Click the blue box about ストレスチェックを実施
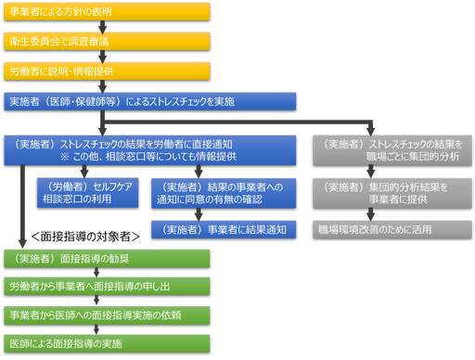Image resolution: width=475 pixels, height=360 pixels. pyautogui.click(x=149, y=100)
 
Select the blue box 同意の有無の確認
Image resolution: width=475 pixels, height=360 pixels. pyautogui.click(x=224, y=191)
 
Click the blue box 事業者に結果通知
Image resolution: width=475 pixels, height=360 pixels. pyautogui.click(x=224, y=228)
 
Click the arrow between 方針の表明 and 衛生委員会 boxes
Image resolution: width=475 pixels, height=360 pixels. pyautogui.click(x=19, y=29)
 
